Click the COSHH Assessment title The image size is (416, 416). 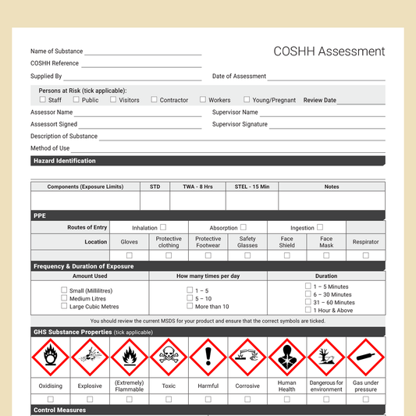click(329, 52)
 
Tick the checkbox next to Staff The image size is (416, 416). click(42, 100)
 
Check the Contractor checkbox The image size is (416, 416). click(155, 100)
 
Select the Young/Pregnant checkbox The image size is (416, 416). click(247, 100)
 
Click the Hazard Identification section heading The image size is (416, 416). click(65, 161)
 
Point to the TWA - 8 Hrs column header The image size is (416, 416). click(197, 187)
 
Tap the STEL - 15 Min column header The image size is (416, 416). click(252, 187)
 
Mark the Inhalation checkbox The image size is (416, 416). click(164, 228)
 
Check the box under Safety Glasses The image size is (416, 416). click(247, 255)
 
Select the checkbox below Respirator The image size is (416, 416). click(365, 255)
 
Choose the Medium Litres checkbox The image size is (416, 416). click(65, 298)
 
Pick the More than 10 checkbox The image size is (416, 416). click(190, 306)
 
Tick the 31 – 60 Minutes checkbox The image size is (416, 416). click(308, 302)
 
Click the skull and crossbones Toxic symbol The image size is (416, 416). click(169, 357)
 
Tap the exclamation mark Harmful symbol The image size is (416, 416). click(208, 357)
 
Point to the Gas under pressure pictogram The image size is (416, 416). click(365, 357)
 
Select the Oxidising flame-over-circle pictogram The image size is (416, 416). click(51, 357)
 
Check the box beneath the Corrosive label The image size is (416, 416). click(247, 399)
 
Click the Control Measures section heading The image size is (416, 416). click(60, 410)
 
